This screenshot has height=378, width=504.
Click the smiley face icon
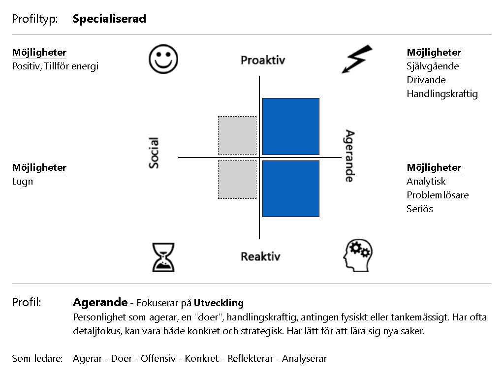click(163, 59)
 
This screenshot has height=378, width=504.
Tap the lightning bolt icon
click(356, 60)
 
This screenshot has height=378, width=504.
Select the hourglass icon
click(163, 257)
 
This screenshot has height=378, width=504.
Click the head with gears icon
click(358, 256)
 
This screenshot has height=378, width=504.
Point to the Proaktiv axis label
click(263, 60)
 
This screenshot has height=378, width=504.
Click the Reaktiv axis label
click(261, 256)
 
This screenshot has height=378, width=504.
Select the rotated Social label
click(154, 153)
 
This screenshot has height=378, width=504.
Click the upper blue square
click(291, 126)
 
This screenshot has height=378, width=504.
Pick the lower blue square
click(291, 189)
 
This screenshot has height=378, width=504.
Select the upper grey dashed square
click(237, 135)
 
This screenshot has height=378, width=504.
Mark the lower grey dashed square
click(237, 180)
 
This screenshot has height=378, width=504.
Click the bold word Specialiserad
click(109, 19)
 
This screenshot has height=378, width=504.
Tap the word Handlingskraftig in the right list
click(442, 94)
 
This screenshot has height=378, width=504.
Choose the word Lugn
click(23, 182)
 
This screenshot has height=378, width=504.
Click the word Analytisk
click(426, 182)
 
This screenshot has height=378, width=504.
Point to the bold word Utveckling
click(219, 303)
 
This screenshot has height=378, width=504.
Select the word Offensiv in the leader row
click(158, 358)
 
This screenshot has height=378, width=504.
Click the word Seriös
click(420, 209)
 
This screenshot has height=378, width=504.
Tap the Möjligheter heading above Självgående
click(434, 52)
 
